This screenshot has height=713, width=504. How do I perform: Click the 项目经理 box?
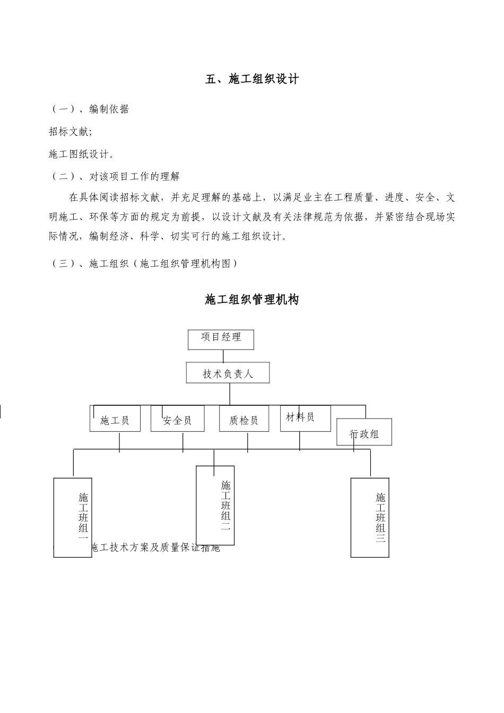[221, 340]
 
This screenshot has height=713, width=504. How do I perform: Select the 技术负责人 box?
[228, 373]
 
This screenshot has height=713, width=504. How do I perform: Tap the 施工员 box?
[115, 419]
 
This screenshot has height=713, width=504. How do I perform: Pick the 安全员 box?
[177, 419]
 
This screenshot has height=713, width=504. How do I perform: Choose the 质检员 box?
[244, 419]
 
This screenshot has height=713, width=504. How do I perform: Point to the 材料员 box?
[305, 418]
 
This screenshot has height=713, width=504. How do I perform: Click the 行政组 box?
[364, 432]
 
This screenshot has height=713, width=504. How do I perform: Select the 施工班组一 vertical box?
[73, 517]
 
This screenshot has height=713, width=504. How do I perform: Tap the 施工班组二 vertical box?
[215, 505]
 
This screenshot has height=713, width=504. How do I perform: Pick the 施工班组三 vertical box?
[370, 517]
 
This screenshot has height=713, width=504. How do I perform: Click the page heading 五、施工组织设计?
[252, 80]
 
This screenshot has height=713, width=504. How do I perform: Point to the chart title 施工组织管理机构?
[252, 300]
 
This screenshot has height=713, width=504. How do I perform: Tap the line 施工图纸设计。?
[81, 154]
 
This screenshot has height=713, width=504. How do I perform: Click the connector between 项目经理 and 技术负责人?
[223, 356]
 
